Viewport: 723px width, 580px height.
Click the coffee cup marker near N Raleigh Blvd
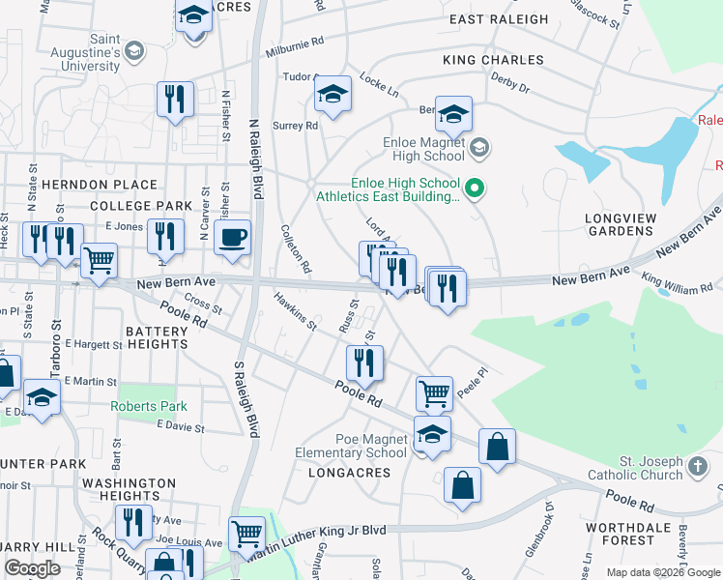click(232, 237)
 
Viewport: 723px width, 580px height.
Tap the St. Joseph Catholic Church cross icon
click(698, 468)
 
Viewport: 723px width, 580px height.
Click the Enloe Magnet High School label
click(417, 149)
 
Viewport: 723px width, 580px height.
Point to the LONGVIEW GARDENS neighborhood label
click(620, 224)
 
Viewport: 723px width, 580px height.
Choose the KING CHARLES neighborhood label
click(493, 60)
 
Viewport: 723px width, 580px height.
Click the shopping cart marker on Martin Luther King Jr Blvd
click(246, 533)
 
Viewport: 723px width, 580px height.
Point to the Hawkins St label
click(295, 311)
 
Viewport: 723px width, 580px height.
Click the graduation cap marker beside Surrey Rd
click(333, 94)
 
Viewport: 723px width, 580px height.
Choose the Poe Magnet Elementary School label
click(370, 446)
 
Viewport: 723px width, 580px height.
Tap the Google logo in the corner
click(33, 568)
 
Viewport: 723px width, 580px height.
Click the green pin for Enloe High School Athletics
click(474, 188)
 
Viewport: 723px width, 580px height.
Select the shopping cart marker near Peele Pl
click(434, 392)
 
